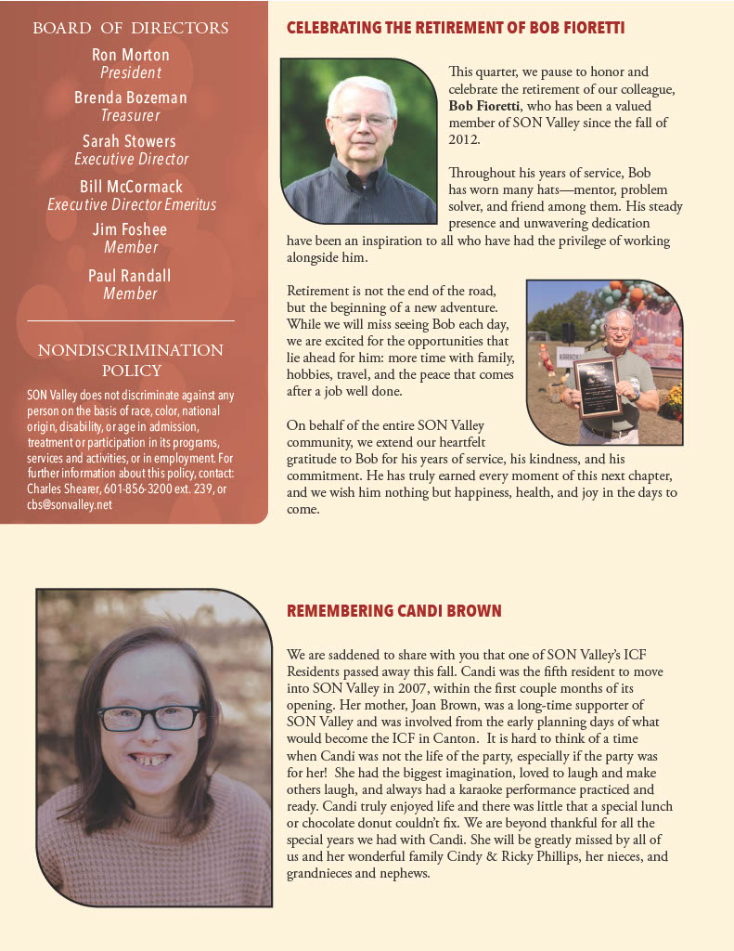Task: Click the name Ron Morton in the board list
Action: click(131, 55)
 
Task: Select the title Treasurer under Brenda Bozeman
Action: click(131, 116)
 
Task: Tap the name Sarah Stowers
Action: click(129, 141)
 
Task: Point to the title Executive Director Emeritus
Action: click(131, 204)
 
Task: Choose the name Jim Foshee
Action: click(131, 229)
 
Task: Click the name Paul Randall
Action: click(130, 276)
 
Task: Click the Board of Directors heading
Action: click(131, 28)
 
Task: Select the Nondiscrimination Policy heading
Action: click(131, 360)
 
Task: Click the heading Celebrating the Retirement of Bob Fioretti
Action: click(456, 28)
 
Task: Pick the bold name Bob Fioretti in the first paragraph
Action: click(487, 106)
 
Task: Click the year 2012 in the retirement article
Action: click(464, 139)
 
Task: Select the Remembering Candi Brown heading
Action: click(394, 611)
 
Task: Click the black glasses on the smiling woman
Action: click(148, 718)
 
